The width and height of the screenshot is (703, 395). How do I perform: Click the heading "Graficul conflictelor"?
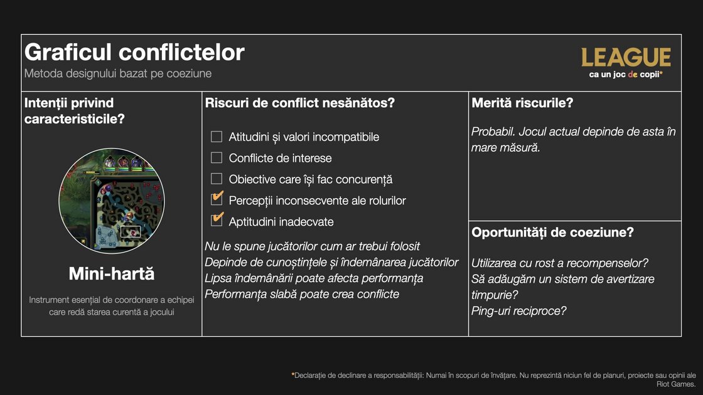[x=134, y=52]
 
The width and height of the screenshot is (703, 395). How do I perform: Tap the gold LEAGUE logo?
[x=626, y=58]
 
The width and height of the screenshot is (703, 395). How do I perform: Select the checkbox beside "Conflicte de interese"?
[x=217, y=158]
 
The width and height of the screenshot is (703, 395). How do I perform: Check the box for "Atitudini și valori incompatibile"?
[x=217, y=137]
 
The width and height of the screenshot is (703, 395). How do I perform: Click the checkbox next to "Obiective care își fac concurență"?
[x=217, y=179]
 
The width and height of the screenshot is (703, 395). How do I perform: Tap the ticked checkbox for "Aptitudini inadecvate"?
[x=217, y=221]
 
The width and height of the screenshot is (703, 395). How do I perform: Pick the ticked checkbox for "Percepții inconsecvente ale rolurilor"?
[x=217, y=199]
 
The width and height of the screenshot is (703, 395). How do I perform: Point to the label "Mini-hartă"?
[x=112, y=274]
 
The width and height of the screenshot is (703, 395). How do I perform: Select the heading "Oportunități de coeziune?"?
[x=552, y=232]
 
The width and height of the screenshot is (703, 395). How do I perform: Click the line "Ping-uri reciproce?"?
[x=518, y=310]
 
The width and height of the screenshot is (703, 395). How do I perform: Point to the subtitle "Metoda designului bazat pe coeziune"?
[x=118, y=73]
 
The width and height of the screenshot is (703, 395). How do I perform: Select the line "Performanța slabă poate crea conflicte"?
[x=302, y=294]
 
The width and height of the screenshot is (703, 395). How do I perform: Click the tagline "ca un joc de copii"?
[x=626, y=74]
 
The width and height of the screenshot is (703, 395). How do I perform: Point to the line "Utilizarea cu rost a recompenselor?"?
[x=560, y=263]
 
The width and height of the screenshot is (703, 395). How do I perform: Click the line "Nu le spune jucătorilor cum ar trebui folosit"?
[x=313, y=246]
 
